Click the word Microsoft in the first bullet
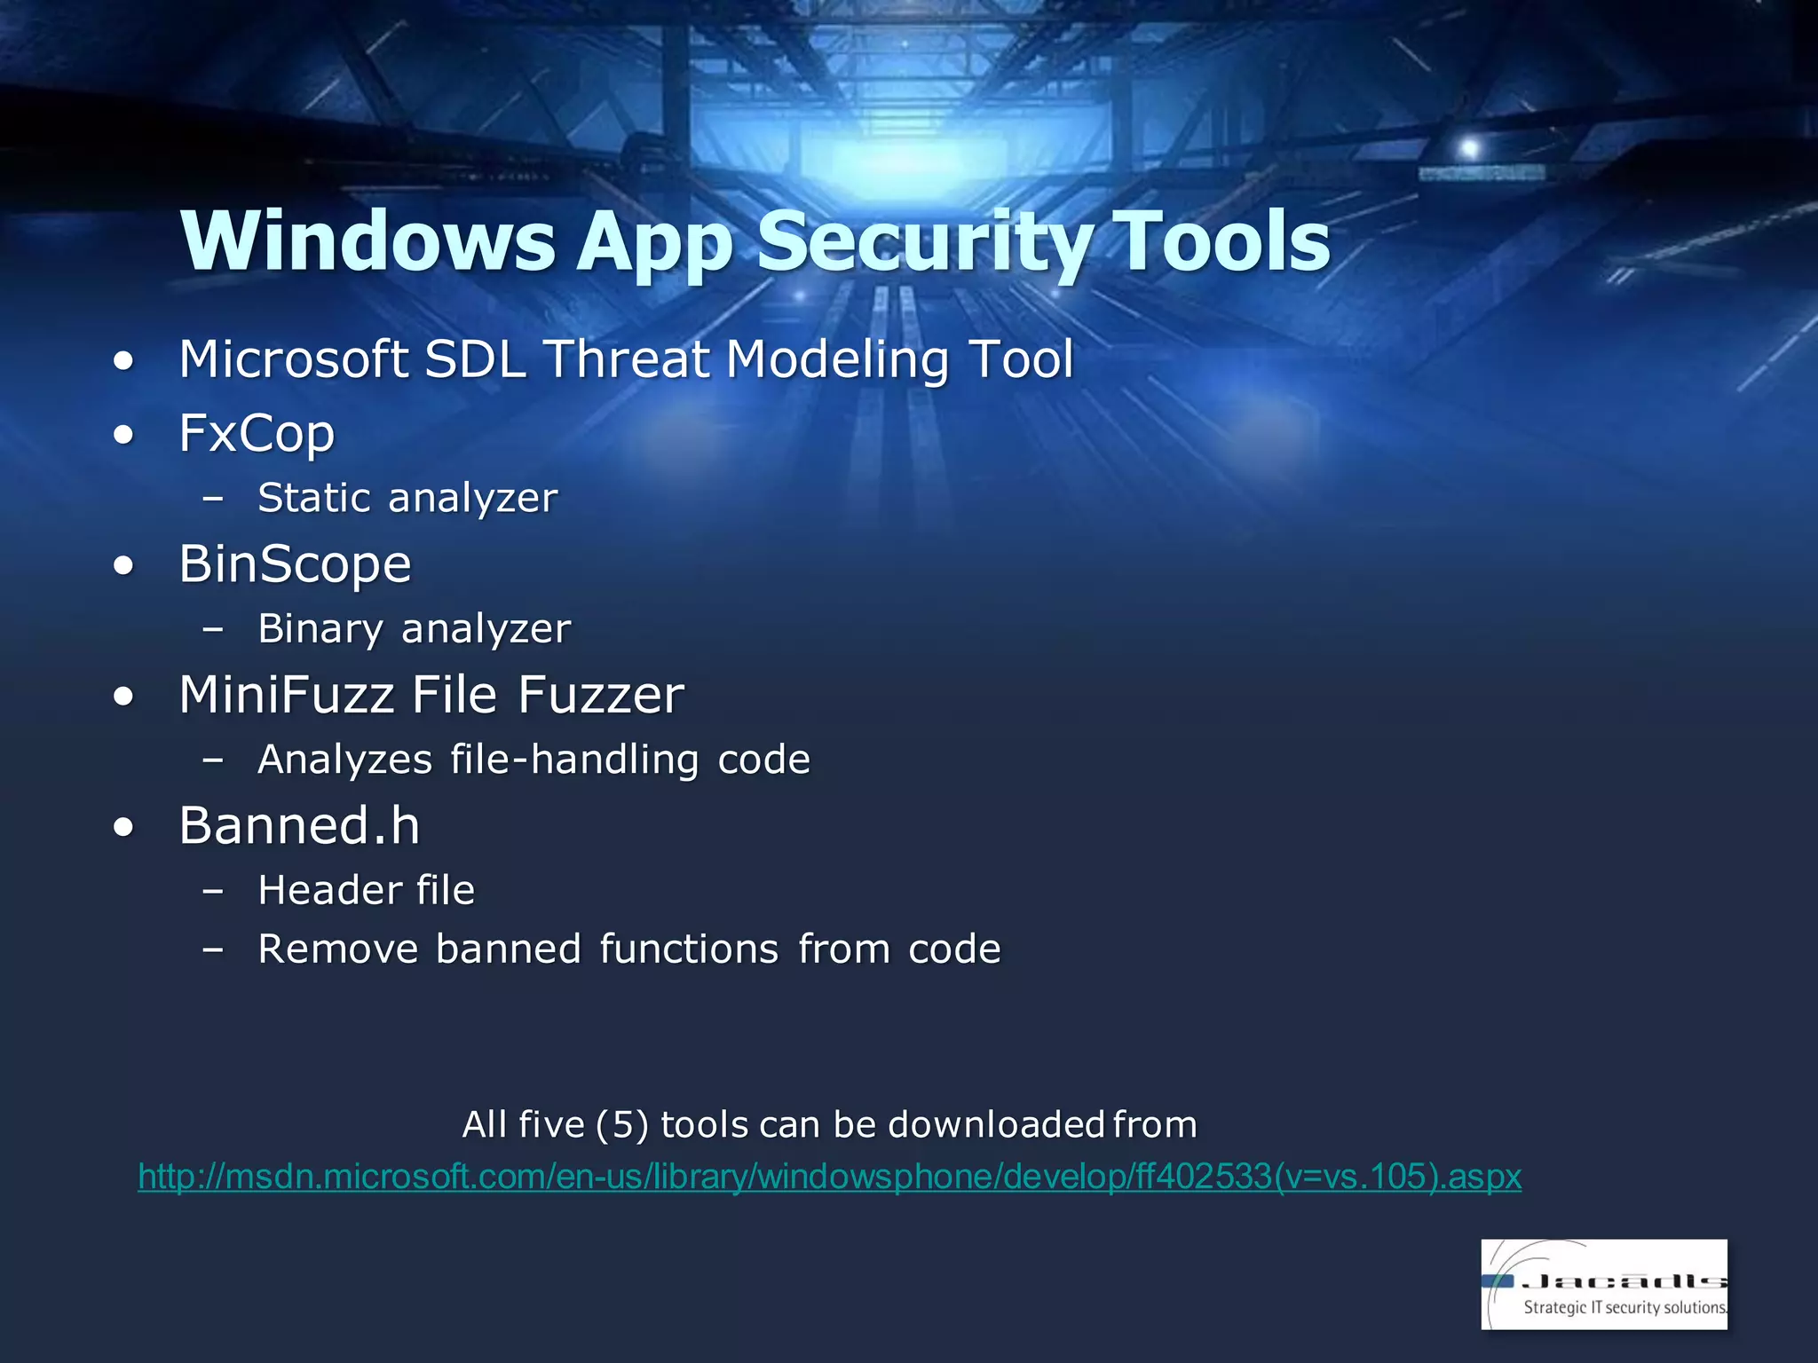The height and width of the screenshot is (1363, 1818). pyautogui.click(x=293, y=359)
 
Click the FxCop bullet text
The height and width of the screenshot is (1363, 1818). pyautogui.click(x=257, y=433)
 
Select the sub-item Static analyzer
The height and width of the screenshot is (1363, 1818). pyautogui.click(x=407, y=498)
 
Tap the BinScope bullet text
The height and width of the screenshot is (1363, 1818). pyautogui.click(x=295, y=564)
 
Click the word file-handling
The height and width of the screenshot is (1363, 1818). pyautogui.click(x=574, y=760)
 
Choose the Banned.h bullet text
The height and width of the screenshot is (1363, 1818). pyautogui.click(x=299, y=825)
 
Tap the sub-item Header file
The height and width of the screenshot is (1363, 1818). pyautogui.click(x=366, y=890)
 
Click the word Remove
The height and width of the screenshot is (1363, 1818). pyautogui.click(x=337, y=949)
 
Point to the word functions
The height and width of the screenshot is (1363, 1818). pyautogui.click(x=689, y=949)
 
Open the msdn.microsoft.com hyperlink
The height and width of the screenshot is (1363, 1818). pyautogui.click(x=829, y=1177)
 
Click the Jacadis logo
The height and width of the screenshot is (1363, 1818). pyautogui.click(x=1603, y=1283)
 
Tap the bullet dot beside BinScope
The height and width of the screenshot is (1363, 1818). pyautogui.click(x=124, y=566)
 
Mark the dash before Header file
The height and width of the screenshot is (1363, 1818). pyautogui.click(x=212, y=890)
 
